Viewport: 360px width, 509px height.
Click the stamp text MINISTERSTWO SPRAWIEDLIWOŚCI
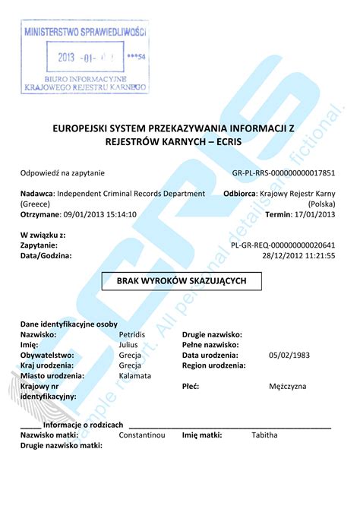85,33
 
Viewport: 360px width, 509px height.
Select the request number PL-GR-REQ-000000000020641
283,245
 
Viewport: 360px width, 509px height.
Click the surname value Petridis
132,334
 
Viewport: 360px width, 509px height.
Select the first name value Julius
128,345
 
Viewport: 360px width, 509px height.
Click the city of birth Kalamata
135,375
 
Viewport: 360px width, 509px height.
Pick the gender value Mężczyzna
288,386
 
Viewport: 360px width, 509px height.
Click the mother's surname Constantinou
142,435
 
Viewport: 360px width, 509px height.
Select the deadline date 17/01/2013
314,214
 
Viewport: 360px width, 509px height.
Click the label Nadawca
36,194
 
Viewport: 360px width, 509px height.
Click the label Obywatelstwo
46,355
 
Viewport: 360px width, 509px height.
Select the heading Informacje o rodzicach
84,425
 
